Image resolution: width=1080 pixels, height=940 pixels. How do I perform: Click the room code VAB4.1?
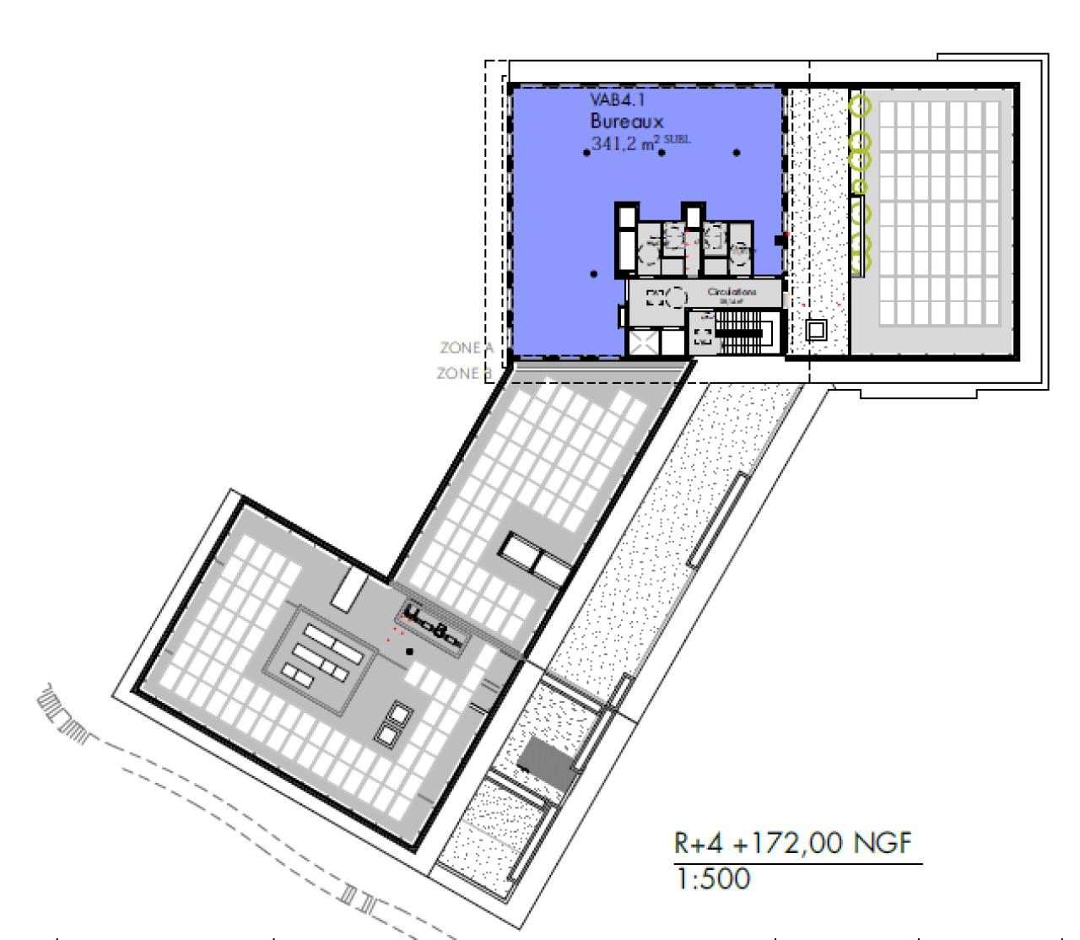click(613, 100)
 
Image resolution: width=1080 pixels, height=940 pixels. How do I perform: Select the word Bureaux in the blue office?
click(627, 122)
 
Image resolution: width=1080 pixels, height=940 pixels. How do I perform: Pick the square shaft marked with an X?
click(642, 343)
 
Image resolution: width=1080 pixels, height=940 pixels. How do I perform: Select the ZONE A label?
click(465, 347)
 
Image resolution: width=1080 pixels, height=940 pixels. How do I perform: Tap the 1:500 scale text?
click(710, 879)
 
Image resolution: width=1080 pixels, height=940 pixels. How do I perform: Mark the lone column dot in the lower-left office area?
click(594, 273)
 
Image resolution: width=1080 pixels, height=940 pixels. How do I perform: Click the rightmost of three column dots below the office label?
click(737, 153)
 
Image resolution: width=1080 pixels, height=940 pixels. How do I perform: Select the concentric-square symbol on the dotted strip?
click(816, 328)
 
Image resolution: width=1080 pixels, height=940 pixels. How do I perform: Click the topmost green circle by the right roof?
click(860, 106)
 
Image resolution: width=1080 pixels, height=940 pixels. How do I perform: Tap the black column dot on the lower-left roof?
click(409, 651)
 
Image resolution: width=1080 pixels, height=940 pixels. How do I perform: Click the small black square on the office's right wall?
click(780, 241)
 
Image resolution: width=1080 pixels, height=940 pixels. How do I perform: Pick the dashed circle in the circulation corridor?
click(677, 297)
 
